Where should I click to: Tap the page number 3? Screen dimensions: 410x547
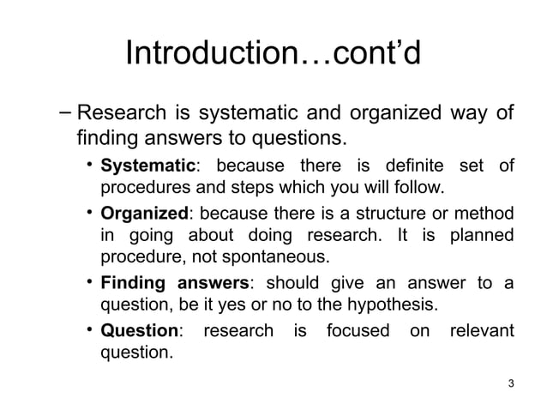pyautogui.click(x=511, y=383)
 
